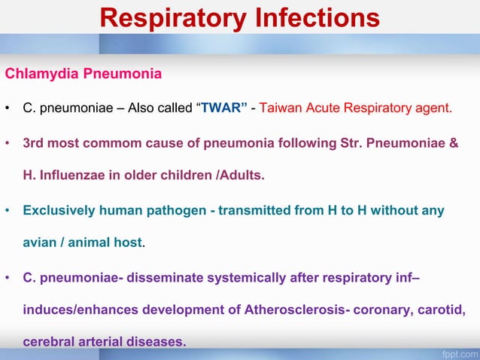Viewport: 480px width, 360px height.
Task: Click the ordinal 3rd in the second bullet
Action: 34,142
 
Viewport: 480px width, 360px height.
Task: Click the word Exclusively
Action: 59,210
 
